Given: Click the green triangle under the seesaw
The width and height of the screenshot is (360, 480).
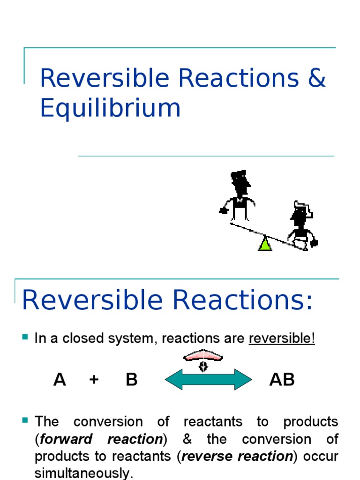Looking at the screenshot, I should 265,244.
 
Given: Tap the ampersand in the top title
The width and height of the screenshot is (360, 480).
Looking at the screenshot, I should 317,78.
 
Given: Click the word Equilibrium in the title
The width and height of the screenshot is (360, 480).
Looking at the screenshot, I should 110,108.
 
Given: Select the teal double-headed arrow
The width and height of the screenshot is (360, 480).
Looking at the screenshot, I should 209,379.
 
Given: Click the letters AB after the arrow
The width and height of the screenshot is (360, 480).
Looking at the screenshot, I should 282,379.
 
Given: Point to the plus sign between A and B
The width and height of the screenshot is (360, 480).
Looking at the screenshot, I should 94,379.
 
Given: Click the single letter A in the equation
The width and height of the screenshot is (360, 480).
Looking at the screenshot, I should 60,379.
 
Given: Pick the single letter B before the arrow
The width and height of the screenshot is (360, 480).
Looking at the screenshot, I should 132,379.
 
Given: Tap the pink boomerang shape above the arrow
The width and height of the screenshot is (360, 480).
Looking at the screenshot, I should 203,357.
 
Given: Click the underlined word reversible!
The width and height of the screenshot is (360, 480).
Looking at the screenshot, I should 282,338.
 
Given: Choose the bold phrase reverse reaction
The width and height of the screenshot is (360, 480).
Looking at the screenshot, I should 237,457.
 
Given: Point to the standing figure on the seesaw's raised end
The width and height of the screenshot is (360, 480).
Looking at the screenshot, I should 239,195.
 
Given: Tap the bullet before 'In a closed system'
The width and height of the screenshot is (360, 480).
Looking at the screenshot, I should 25,337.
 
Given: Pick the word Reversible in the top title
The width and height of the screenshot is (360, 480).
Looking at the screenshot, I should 104,78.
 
